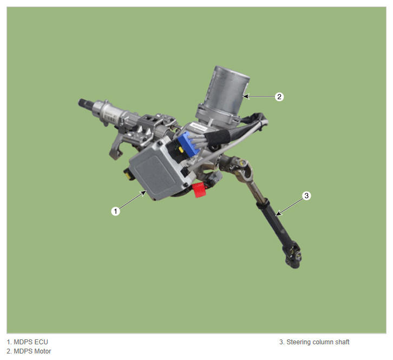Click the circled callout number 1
click(x=115, y=211)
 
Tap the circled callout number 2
click(x=279, y=96)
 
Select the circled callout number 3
click(x=306, y=195)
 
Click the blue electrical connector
click(x=189, y=145)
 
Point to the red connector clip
click(x=199, y=190)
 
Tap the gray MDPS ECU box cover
click(x=158, y=173)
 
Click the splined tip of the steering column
click(x=82, y=103)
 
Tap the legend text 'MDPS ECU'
click(x=30, y=342)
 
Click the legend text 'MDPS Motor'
click(x=32, y=351)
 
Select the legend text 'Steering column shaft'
click(x=318, y=342)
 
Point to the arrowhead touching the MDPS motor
click(x=246, y=96)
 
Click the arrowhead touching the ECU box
click(x=144, y=193)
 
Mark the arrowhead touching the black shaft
click(x=278, y=213)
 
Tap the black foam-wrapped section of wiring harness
click(x=217, y=138)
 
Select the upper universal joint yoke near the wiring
click(x=240, y=168)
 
